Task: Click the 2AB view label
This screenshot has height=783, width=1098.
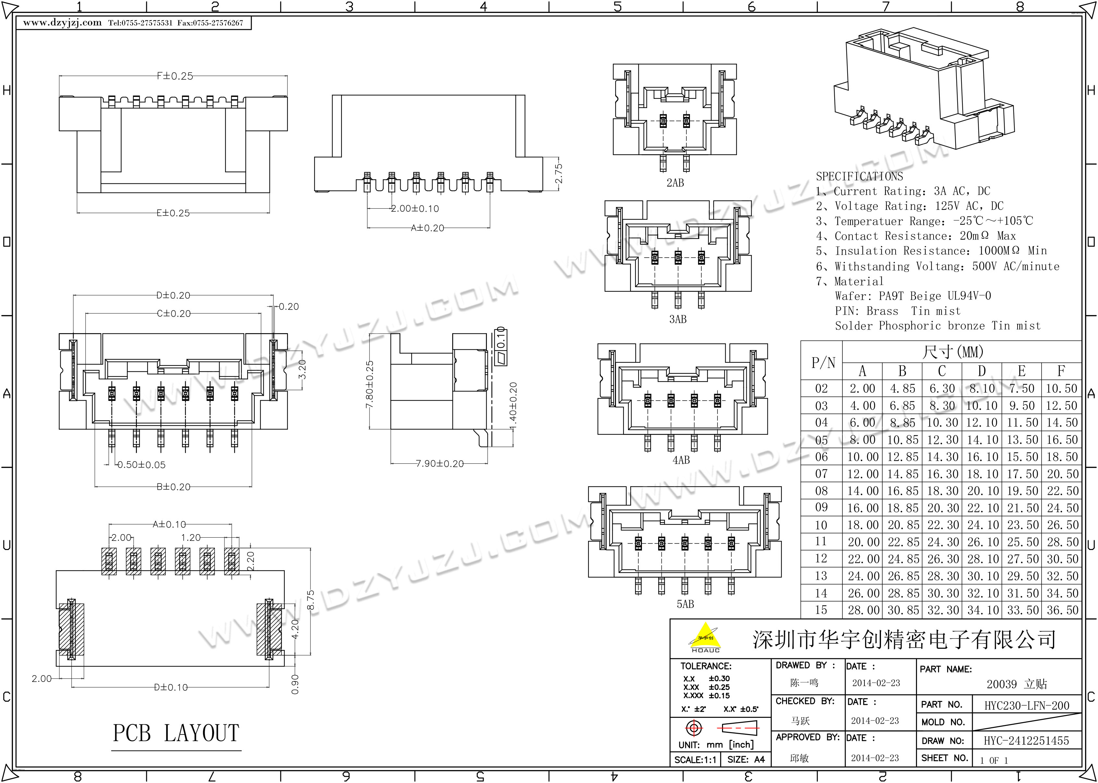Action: click(x=675, y=183)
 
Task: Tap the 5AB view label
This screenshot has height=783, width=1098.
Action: click(x=685, y=604)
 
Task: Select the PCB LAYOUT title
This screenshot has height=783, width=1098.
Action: click(x=176, y=733)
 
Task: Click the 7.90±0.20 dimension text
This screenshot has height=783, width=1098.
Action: click(x=440, y=463)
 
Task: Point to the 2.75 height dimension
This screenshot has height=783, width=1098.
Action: click(x=558, y=174)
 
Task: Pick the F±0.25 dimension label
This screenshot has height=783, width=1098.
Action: click(x=175, y=76)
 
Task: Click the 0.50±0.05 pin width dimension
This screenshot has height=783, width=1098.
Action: click(x=141, y=465)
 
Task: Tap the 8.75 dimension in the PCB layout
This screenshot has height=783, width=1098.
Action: click(x=311, y=600)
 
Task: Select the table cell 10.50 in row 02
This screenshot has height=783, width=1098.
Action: click(x=1061, y=389)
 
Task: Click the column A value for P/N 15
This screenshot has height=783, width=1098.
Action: click(x=863, y=610)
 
